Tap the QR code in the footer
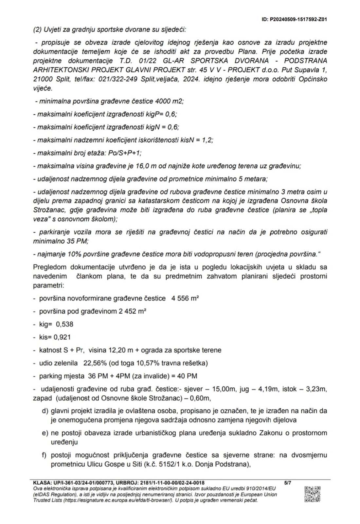(x=312, y=494)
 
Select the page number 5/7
(x=288, y=483)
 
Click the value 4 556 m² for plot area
(x=185, y=298)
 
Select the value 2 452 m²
(x=133, y=311)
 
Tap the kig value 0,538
(x=64, y=324)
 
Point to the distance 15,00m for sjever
(x=224, y=389)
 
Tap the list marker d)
(x=45, y=411)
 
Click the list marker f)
(x=45, y=455)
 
